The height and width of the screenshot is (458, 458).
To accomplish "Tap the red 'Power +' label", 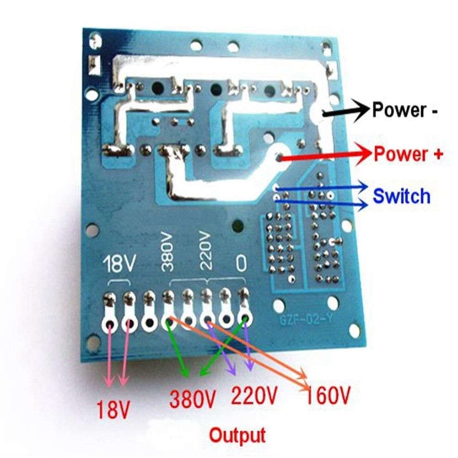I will point(409,154).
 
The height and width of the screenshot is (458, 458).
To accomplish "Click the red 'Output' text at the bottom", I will point(237,433).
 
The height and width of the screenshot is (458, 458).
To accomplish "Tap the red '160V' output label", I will point(328,394).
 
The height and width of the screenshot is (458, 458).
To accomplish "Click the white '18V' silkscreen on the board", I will point(119,264).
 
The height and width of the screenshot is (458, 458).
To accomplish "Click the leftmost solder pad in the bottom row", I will point(110,324).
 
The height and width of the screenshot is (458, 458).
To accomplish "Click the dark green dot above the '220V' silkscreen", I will point(237,225).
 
